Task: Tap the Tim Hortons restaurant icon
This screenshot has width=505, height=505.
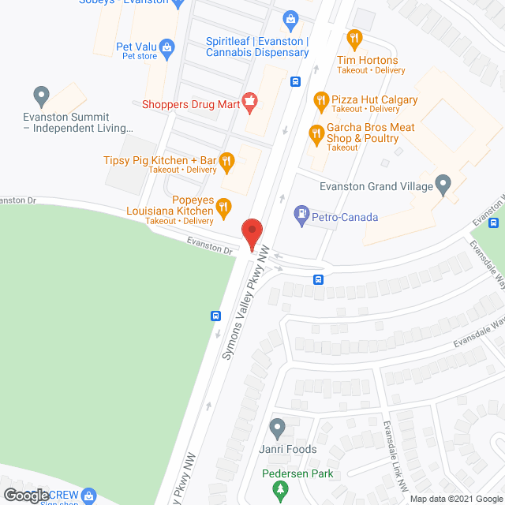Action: tap(354, 37)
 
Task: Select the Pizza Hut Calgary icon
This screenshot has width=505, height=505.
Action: tap(320, 100)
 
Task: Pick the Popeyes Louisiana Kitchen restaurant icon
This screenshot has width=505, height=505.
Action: tap(223, 208)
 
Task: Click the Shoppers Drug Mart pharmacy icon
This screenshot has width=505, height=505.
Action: tap(250, 100)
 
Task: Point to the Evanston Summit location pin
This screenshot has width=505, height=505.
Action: tap(41, 96)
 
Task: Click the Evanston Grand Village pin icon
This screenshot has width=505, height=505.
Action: tap(443, 185)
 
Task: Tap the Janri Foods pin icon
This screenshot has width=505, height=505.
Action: tap(277, 428)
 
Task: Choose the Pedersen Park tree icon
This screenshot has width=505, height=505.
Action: tap(278, 491)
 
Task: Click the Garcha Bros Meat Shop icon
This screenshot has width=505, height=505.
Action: tap(316, 132)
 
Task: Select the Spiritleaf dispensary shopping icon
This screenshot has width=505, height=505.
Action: tap(290, 18)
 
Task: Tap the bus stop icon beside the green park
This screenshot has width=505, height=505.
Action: tap(215, 316)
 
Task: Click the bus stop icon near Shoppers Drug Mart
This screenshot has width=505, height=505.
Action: tap(295, 80)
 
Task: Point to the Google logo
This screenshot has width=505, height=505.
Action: tap(25, 496)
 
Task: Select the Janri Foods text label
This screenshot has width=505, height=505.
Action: tap(289, 450)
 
